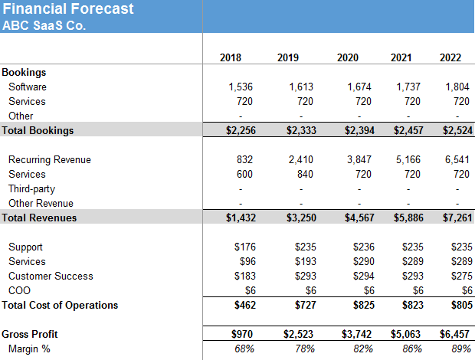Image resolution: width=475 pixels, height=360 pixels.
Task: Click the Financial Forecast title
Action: coord(68,9)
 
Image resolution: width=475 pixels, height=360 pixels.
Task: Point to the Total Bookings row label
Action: coord(38,130)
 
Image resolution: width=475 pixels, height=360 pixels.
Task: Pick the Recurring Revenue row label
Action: coord(49,160)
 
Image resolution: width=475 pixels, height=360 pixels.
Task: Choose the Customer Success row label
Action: coord(51,277)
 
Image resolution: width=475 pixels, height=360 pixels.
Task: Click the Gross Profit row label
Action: coord(30,335)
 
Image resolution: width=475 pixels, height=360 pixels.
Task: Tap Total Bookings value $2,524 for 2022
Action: coord(457,130)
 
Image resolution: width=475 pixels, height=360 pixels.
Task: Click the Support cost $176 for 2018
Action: coord(244,247)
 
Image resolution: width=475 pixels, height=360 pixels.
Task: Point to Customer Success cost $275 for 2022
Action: coord(460,277)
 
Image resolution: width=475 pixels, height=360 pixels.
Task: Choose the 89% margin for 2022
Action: coord(460,349)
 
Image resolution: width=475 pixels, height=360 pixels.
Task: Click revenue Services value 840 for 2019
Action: coord(305,175)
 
